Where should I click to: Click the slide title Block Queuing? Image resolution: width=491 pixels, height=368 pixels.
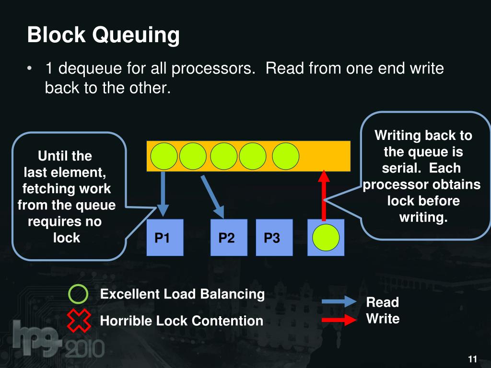pos(103,35)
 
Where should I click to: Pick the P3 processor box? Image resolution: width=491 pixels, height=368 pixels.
pos(274,237)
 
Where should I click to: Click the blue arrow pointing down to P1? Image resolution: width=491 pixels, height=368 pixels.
pos(164,194)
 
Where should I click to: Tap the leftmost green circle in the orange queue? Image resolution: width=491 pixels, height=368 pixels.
pos(164,156)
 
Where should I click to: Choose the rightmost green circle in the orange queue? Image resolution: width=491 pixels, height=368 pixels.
pos(286,156)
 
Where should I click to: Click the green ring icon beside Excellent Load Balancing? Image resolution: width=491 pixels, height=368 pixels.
pos(78,294)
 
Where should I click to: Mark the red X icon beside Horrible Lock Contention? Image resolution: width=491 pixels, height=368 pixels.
pos(79,321)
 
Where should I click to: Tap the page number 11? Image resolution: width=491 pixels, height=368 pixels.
pos(472,359)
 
